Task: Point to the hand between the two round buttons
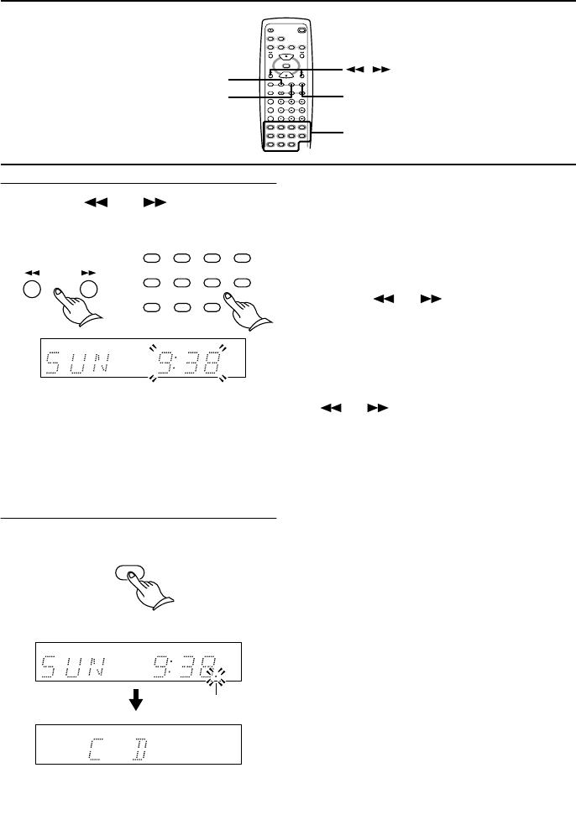point(74,300)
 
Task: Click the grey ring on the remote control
point(286,67)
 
